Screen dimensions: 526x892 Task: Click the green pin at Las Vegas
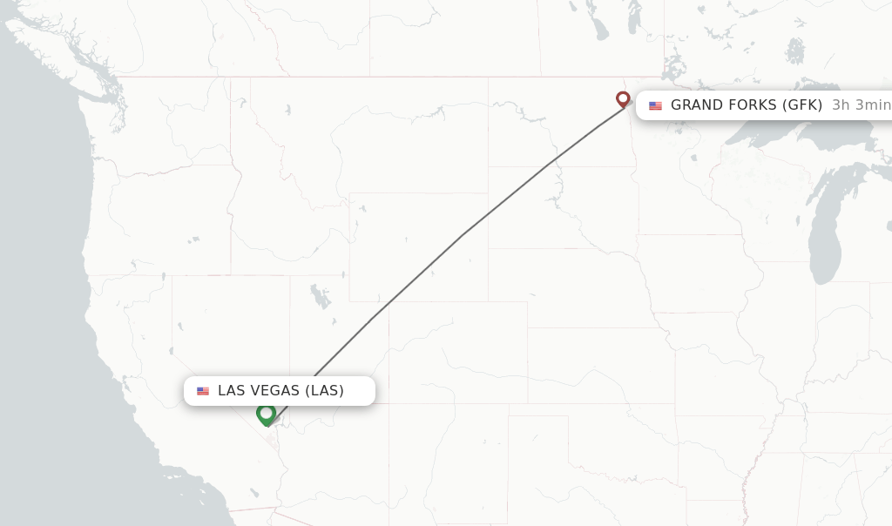click(x=267, y=414)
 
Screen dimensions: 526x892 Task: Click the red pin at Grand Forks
click(x=623, y=98)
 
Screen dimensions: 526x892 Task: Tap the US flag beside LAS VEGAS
click(x=203, y=391)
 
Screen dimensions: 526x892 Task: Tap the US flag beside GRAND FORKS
click(x=655, y=105)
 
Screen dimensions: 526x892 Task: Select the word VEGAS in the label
click(x=277, y=391)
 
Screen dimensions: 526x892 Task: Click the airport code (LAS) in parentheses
click(x=325, y=391)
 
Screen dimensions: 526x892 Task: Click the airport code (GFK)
click(x=802, y=105)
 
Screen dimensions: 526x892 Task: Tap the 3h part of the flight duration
click(x=841, y=105)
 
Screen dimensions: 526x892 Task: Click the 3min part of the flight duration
click(x=873, y=105)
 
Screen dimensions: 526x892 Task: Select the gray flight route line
click(x=463, y=233)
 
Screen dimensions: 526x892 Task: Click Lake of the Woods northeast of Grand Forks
click(x=672, y=68)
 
